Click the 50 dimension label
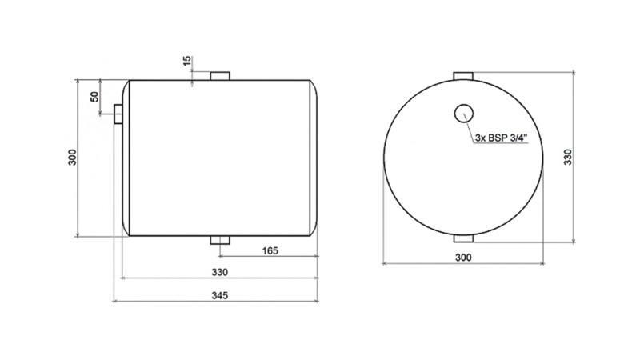95,97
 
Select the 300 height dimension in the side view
72,158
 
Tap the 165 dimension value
270,251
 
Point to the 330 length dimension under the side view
219,272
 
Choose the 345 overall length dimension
221,294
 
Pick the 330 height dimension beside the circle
569,157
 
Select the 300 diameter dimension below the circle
462,257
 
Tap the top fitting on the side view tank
219,75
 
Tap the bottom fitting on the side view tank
219,241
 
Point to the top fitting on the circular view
464,75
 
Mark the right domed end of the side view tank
314,158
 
